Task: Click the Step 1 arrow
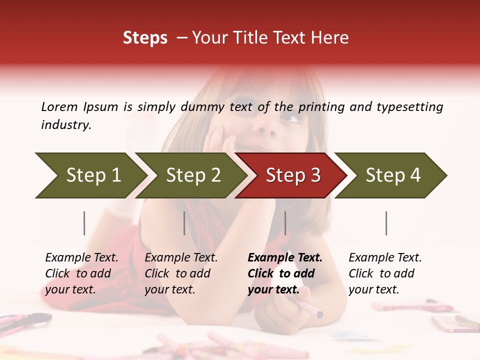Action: point(90,175)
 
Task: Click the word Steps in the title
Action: point(145,38)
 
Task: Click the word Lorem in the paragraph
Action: point(59,106)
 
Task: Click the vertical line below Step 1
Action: point(84,223)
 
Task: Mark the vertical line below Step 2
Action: point(184,223)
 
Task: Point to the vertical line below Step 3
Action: point(285,223)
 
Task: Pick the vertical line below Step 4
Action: point(386,223)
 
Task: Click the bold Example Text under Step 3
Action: point(285,258)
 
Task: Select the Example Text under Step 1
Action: point(81,258)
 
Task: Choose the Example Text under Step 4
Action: point(385,258)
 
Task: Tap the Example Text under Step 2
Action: point(181,258)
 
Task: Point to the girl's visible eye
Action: point(290,118)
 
